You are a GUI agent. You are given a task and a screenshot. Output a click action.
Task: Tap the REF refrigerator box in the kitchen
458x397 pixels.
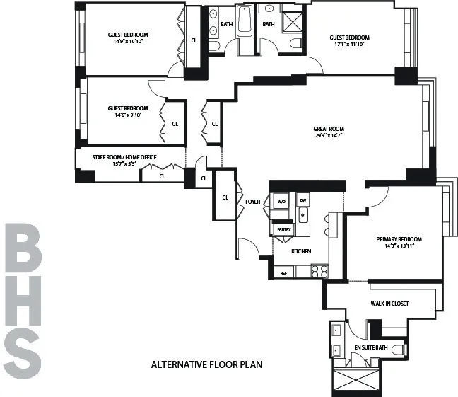coord(283,272)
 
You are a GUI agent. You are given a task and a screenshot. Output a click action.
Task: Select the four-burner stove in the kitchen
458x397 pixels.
coord(319,271)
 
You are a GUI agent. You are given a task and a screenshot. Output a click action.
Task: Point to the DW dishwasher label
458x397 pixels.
coord(303,201)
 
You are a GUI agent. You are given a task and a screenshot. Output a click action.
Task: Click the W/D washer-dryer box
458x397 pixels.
coord(281,201)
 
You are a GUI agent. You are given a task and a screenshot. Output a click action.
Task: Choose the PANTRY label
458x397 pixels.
coord(283,229)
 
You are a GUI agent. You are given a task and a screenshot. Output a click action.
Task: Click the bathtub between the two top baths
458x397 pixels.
coord(245,21)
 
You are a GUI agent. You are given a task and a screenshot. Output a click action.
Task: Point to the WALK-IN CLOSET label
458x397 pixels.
coord(389,304)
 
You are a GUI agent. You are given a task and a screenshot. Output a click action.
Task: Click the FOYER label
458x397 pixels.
coord(253,202)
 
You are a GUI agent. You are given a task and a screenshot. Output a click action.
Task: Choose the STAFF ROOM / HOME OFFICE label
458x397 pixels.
coord(124,157)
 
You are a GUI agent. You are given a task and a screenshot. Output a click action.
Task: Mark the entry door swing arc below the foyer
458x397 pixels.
coord(247,248)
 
